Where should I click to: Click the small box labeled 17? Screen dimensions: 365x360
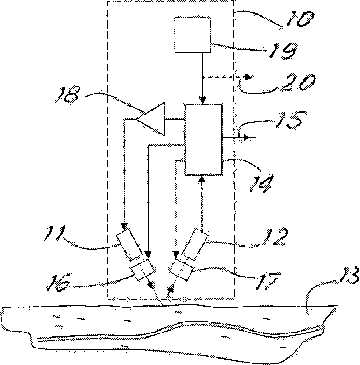(181, 268)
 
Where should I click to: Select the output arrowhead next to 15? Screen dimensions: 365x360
(246, 137)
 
